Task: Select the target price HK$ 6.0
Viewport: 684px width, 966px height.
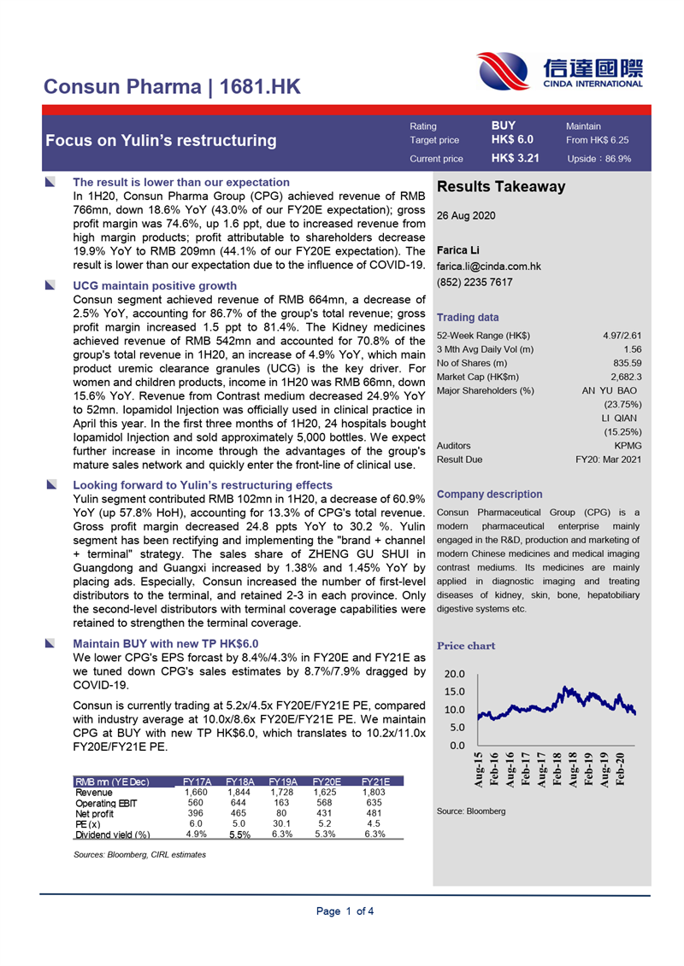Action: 512,139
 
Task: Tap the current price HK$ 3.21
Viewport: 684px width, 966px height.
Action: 515,158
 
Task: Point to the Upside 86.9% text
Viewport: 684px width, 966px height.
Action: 598,159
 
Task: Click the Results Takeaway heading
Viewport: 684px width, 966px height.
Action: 501,187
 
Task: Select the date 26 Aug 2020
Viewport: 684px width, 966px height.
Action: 465,216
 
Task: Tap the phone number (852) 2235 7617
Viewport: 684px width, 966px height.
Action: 475,283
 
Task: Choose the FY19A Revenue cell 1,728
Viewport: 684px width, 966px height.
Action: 281,792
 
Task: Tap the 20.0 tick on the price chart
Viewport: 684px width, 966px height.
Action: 455,675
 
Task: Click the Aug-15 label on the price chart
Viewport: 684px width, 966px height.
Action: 479,770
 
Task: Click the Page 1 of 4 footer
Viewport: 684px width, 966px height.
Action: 345,911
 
